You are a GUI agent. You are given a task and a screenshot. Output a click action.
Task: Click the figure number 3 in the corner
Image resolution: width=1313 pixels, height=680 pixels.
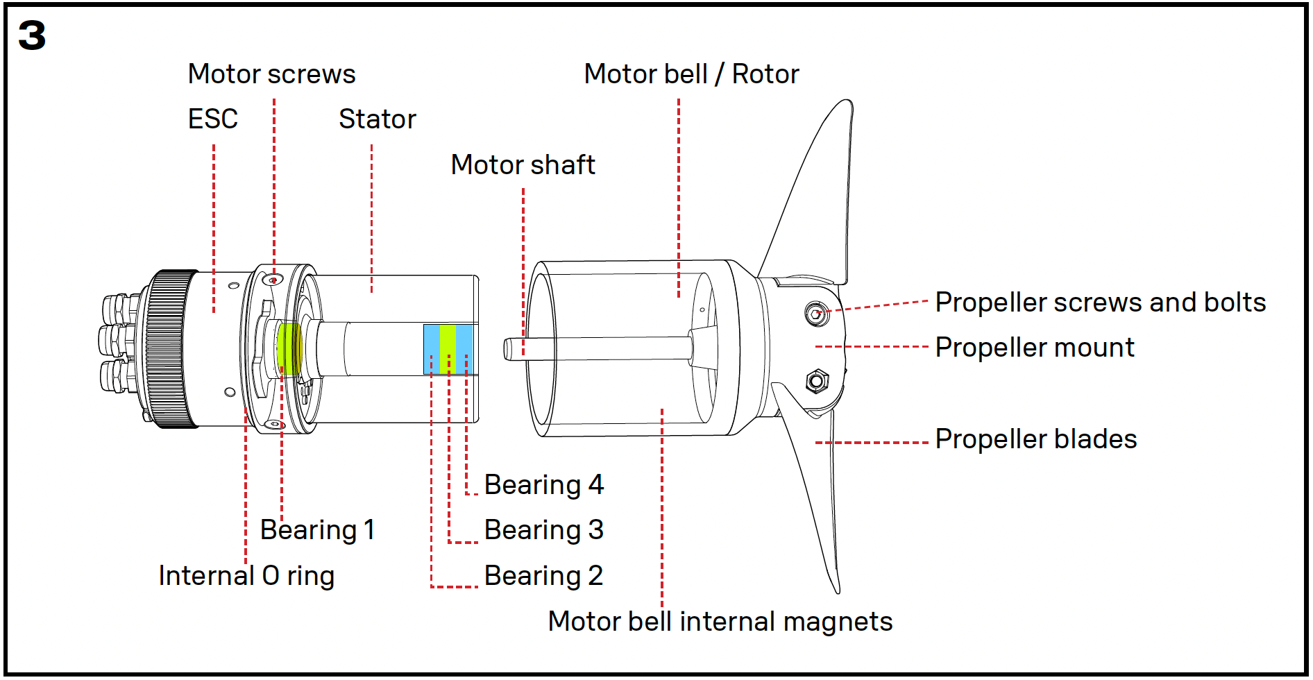pyautogui.click(x=32, y=36)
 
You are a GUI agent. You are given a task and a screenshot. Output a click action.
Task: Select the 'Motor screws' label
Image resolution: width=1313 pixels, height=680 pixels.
pyautogui.click(x=271, y=74)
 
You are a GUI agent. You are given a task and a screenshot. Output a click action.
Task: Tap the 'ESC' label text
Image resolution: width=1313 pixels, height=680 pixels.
pyautogui.click(x=212, y=119)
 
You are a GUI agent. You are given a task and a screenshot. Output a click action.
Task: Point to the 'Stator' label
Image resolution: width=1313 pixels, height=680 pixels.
pyautogui.click(x=377, y=119)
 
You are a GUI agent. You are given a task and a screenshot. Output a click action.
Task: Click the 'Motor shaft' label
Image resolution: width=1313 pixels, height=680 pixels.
pyautogui.click(x=523, y=165)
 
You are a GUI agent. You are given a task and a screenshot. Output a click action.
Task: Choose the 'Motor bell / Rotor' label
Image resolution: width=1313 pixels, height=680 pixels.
pyautogui.click(x=691, y=74)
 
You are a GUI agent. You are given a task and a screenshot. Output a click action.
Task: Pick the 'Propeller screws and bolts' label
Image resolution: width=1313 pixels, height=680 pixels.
pyautogui.click(x=1100, y=303)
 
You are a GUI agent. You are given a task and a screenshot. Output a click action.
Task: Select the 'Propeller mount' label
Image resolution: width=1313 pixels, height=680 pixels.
pyautogui.click(x=1034, y=348)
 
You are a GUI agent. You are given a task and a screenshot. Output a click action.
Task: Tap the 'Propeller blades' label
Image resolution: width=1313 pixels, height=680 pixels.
pyautogui.click(x=1035, y=439)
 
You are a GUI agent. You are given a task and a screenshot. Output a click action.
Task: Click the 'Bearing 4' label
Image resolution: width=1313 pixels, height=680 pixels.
pyautogui.click(x=543, y=485)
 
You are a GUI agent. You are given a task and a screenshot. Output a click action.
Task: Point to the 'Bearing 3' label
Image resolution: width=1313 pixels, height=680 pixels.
pyautogui.click(x=543, y=530)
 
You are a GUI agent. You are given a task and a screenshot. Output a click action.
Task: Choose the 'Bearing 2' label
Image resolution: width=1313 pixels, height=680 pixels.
pyautogui.click(x=543, y=576)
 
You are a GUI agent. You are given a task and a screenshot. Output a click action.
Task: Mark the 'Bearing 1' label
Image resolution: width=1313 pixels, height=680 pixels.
pyautogui.click(x=317, y=530)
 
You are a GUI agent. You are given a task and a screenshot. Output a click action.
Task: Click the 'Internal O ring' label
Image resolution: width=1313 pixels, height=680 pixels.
pyautogui.click(x=246, y=576)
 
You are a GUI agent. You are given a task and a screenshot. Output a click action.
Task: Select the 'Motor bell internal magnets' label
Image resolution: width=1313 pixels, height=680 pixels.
pyautogui.click(x=720, y=622)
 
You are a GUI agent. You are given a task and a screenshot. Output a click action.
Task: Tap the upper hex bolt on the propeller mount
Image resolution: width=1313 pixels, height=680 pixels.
pyautogui.click(x=816, y=313)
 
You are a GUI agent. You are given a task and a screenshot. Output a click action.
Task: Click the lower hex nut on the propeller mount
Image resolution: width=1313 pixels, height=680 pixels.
pyautogui.click(x=816, y=380)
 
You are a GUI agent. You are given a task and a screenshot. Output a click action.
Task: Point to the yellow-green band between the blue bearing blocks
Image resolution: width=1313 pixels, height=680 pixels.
pyautogui.click(x=448, y=349)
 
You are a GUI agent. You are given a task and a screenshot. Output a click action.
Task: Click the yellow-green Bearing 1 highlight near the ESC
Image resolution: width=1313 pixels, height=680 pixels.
pyautogui.click(x=288, y=348)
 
